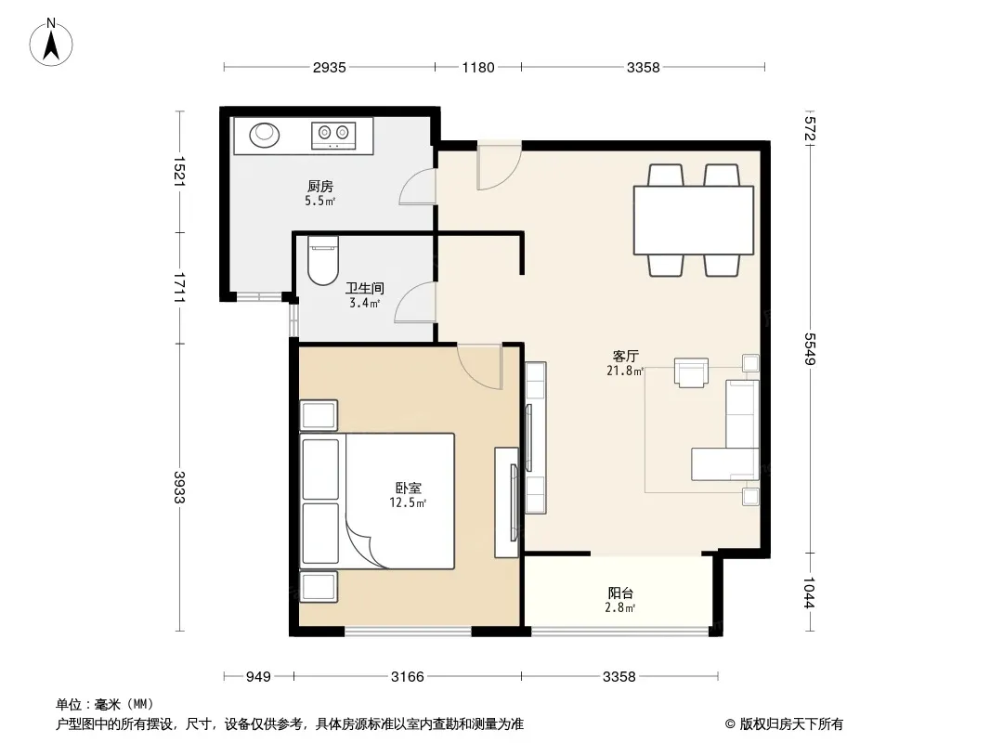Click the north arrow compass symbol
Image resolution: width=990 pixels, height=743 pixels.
51,43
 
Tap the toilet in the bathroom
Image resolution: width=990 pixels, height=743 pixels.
323,260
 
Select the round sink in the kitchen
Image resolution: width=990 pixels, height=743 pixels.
264,135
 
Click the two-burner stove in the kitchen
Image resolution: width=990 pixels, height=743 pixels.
333,136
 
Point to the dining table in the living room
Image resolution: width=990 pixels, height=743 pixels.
693,220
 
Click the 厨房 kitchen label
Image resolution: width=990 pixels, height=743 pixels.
320,187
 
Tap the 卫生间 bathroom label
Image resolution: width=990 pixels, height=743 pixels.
364,288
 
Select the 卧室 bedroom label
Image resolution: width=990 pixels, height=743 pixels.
408,488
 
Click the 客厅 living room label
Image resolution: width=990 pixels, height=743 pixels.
625,356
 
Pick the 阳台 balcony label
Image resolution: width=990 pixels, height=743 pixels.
620,593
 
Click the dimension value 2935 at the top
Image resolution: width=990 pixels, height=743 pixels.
329,67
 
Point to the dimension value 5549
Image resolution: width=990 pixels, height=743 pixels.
810,348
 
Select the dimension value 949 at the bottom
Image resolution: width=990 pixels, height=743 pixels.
258,677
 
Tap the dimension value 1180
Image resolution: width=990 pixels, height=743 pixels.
478,67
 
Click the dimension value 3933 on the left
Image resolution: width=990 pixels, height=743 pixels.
179,488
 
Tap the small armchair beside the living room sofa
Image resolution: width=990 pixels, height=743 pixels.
691,371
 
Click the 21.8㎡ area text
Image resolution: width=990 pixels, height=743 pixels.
625,371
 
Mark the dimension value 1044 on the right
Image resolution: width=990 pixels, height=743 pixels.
810,593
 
